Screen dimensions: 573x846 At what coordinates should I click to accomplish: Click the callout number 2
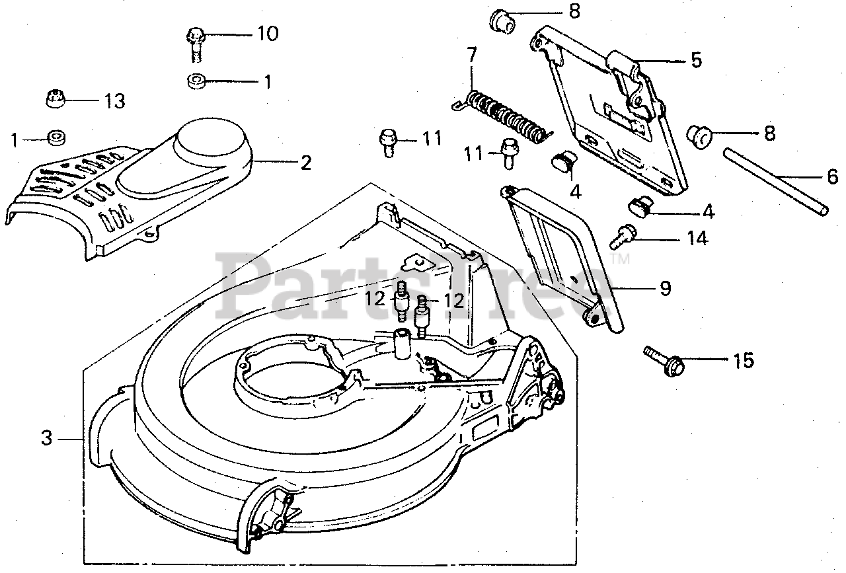pyautogui.click(x=305, y=163)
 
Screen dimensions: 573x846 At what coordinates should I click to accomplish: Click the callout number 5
pyautogui.click(x=696, y=60)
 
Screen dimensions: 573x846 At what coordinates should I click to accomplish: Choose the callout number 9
pyautogui.click(x=665, y=288)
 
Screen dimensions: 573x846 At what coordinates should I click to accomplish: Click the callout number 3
pyautogui.click(x=46, y=438)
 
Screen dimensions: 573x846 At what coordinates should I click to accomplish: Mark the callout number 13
pyautogui.click(x=114, y=101)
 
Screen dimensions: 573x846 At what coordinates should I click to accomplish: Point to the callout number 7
pyautogui.click(x=471, y=55)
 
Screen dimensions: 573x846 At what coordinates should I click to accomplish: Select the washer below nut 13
pyautogui.click(x=57, y=138)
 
